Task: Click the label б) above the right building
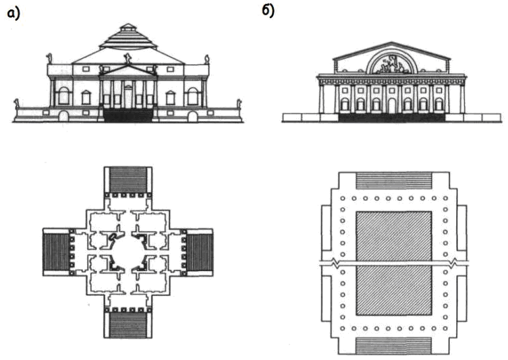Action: tap(269, 11)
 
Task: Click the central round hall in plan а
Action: tap(128, 249)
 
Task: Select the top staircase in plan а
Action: tap(128, 180)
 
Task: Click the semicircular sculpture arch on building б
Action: tap(392, 65)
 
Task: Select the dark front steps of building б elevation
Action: tap(392, 117)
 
